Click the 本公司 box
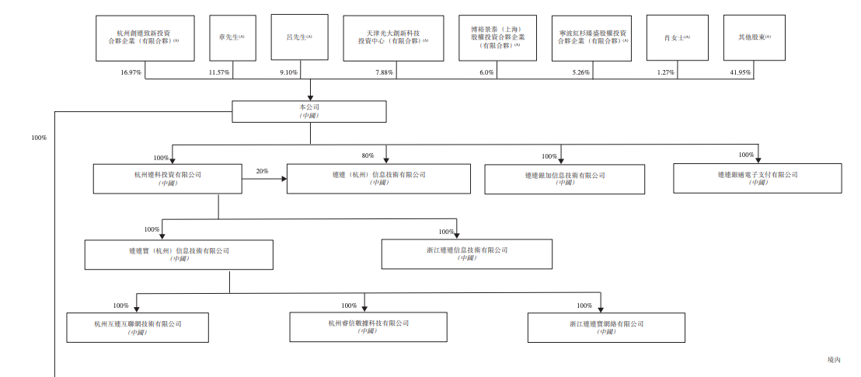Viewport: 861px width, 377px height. pyautogui.click(x=309, y=110)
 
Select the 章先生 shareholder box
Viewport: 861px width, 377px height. pyautogui.click(x=232, y=37)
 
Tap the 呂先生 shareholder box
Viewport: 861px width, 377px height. pyautogui.click(x=299, y=37)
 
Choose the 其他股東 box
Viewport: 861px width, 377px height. pyautogui.click(x=753, y=37)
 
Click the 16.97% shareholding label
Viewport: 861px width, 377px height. pyautogui.click(x=131, y=72)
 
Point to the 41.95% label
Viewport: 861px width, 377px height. pyautogui.click(x=740, y=72)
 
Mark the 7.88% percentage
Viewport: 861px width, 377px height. pyautogui.click(x=385, y=72)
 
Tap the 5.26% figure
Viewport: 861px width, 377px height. pyautogui.click(x=580, y=72)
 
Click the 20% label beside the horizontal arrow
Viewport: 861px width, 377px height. pyautogui.click(x=262, y=171)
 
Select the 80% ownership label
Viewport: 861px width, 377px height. pyautogui.click(x=368, y=155)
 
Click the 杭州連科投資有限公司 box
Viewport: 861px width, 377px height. pyautogui.click(x=168, y=178)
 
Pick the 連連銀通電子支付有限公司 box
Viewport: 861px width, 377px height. pyautogui.click(x=758, y=178)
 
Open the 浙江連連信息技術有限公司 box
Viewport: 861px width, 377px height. pyautogui.click(x=467, y=254)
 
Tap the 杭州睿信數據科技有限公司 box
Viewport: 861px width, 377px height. pyautogui.click(x=368, y=326)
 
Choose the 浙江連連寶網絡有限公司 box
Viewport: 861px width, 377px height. pyautogui.click(x=607, y=327)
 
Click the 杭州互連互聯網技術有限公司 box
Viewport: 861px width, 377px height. pyautogui.click(x=138, y=327)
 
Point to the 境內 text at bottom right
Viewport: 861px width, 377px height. pyautogui.click(x=835, y=360)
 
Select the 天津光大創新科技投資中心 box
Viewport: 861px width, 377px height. pyautogui.click(x=392, y=38)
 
